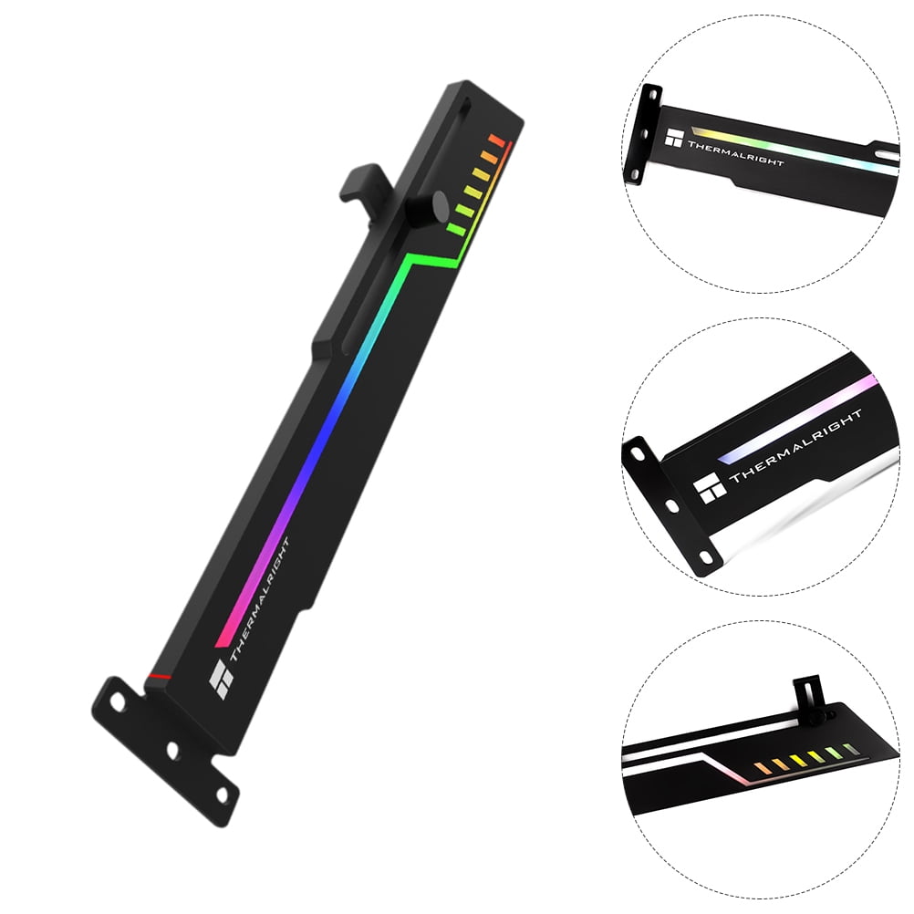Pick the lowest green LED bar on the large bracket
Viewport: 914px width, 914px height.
(x=456, y=228)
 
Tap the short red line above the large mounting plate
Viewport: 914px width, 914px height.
(x=157, y=676)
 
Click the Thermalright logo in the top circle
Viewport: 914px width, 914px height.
(x=674, y=140)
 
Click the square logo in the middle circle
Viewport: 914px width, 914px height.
(x=710, y=490)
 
